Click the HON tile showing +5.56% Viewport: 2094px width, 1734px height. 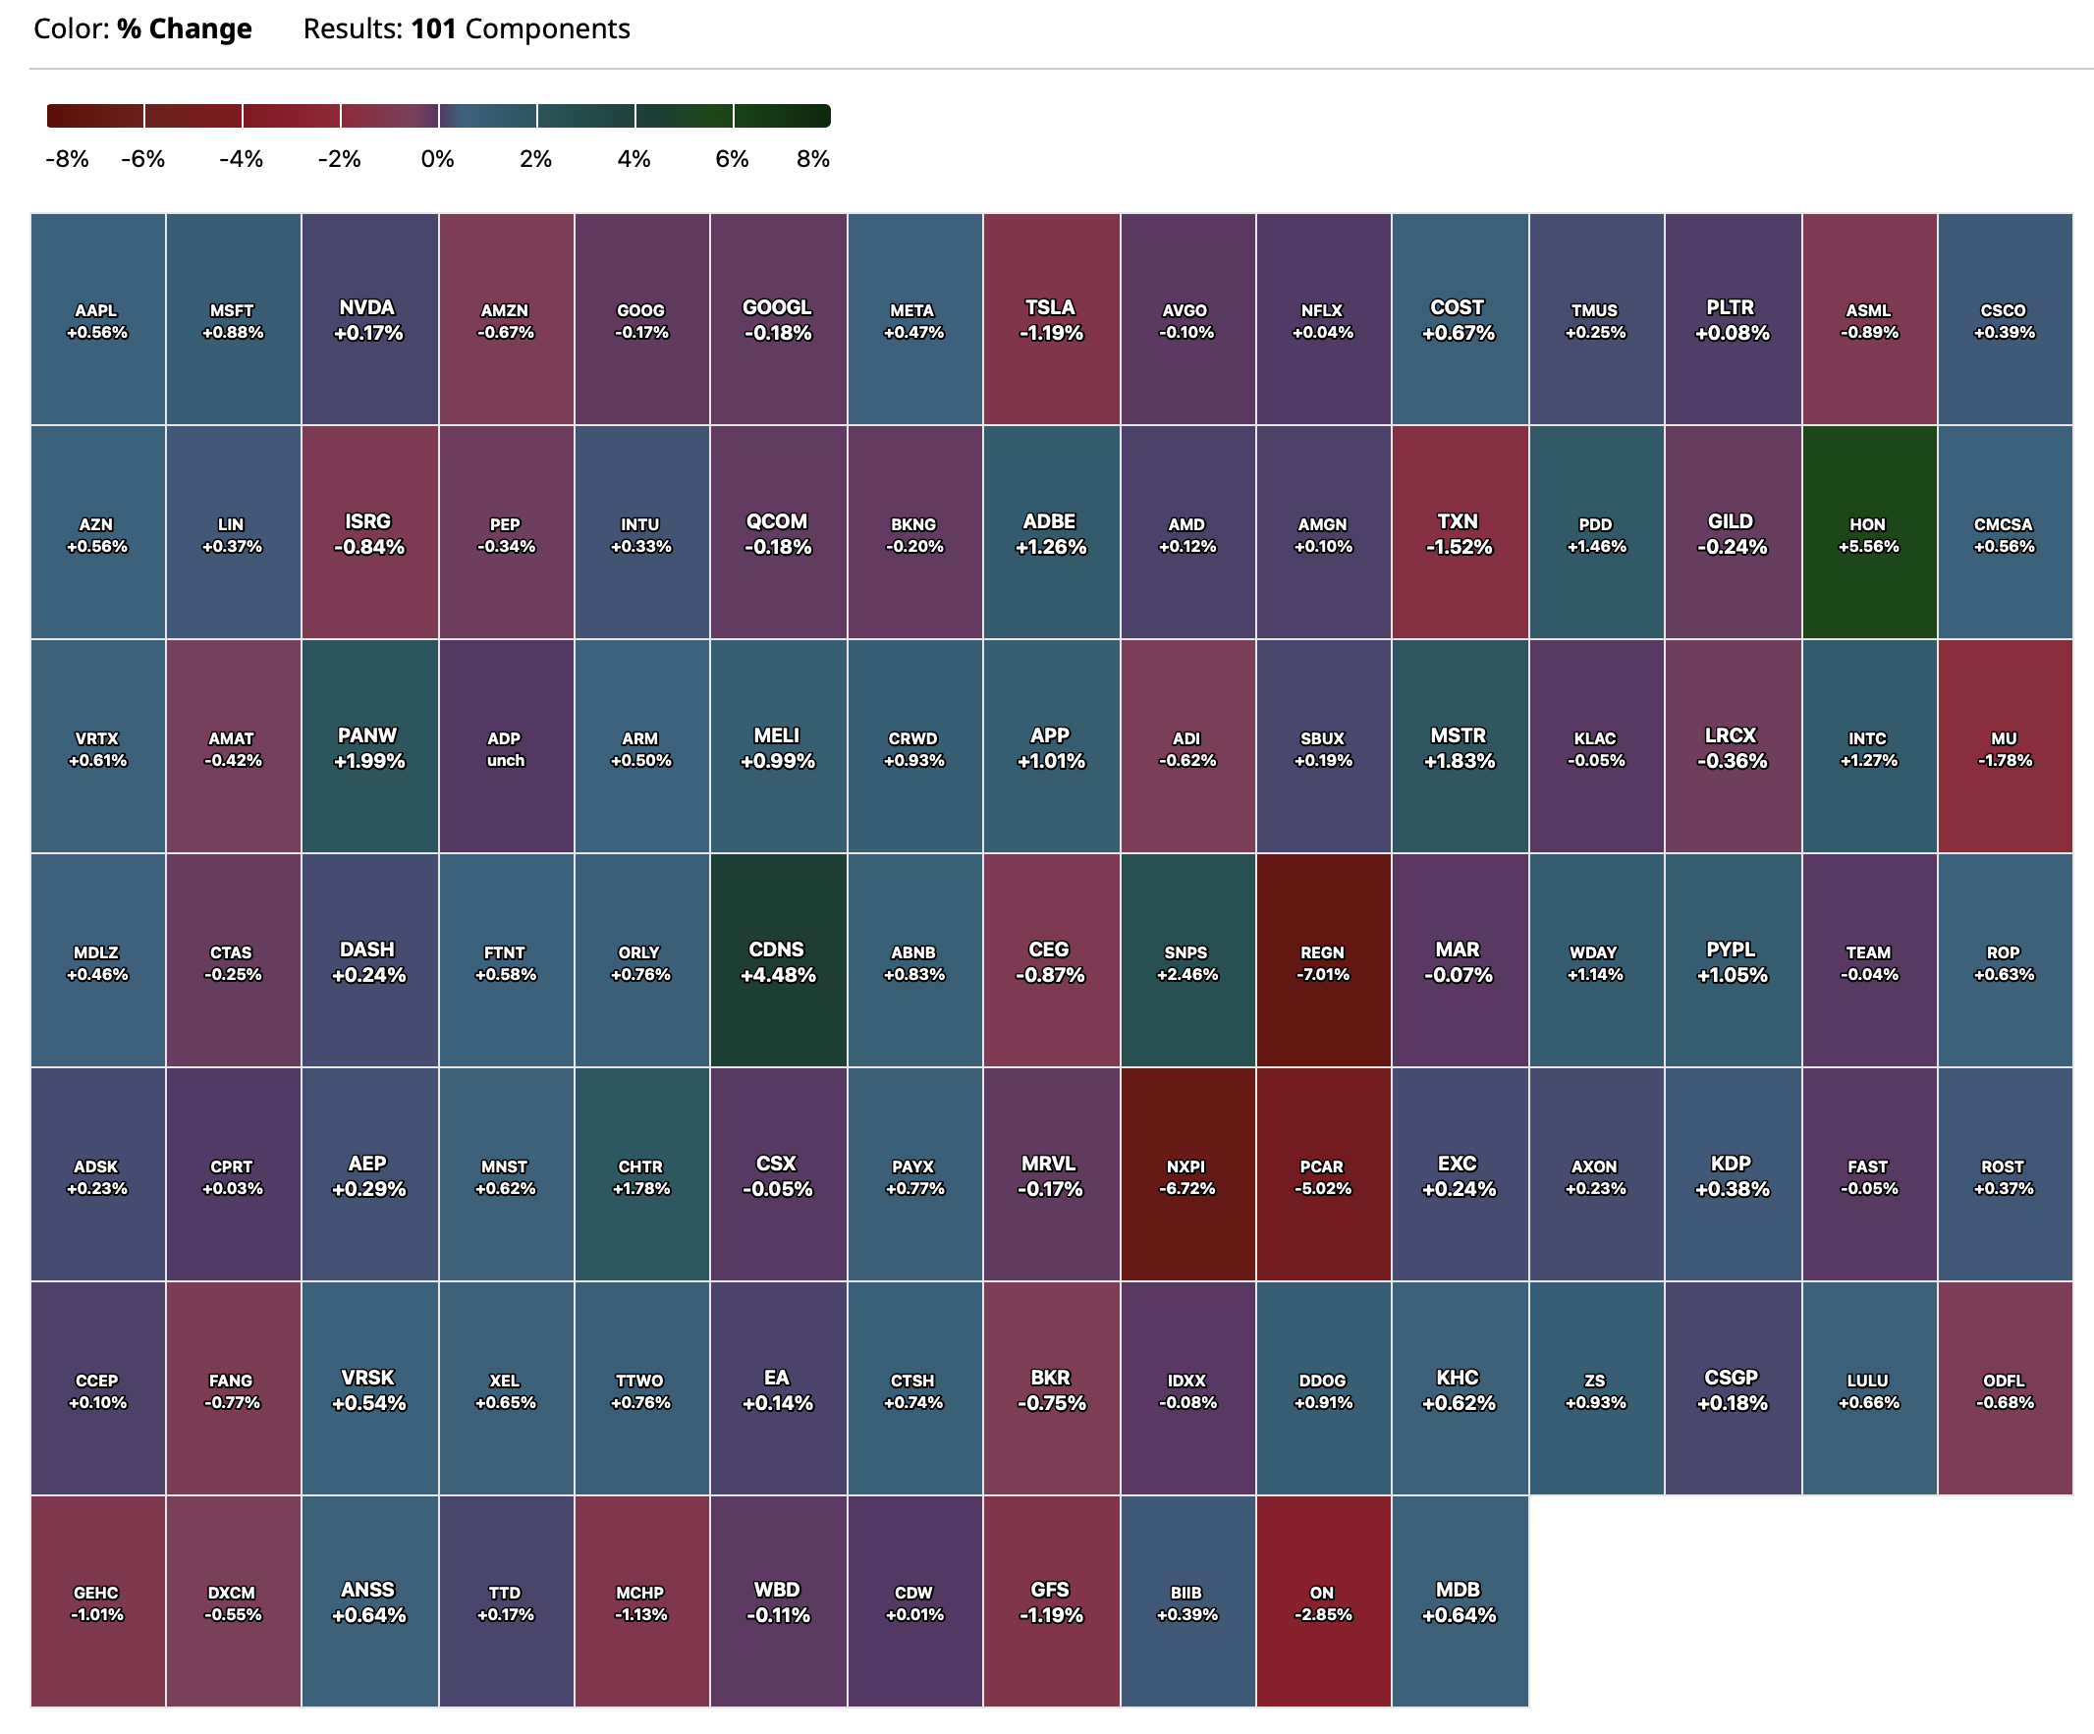(x=1868, y=533)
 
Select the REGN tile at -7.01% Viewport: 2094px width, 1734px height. (x=1322, y=961)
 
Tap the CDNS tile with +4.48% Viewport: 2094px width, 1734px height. (x=777, y=961)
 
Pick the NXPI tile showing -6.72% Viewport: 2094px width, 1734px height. (x=1185, y=1175)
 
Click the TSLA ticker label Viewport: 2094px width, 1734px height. (x=1050, y=308)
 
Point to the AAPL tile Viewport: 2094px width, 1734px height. (x=96, y=319)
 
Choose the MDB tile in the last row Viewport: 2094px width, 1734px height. (x=1458, y=1601)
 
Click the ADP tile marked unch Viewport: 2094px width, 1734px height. (x=505, y=748)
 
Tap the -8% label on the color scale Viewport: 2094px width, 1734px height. (x=67, y=159)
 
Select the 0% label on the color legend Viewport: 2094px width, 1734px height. (x=437, y=159)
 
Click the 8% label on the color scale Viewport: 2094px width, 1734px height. (x=812, y=159)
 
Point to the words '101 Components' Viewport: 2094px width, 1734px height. (x=520, y=28)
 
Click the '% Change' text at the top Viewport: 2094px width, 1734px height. (x=185, y=28)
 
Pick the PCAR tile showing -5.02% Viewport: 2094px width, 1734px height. (x=1322, y=1175)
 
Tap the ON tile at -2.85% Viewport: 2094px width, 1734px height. (x=1322, y=1601)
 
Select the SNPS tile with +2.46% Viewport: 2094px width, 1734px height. (x=1185, y=961)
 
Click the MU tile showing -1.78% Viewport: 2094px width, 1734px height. (x=2005, y=748)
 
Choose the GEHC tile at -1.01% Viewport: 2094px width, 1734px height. (x=96, y=1601)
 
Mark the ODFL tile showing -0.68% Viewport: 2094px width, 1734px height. (x=2005, y=1390)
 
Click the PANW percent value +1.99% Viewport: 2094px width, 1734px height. (x=369, y=762)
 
